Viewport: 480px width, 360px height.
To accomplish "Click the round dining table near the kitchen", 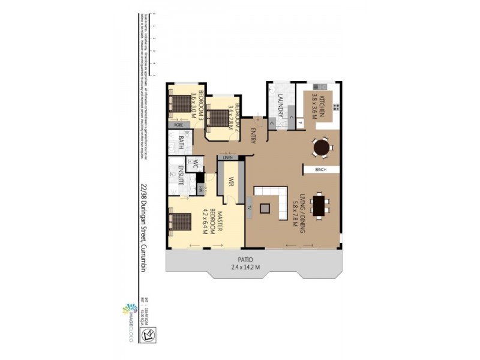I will point(322,146).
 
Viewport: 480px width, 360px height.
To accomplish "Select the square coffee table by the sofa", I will point(265,208).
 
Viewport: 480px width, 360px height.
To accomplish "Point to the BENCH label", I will point(320,170).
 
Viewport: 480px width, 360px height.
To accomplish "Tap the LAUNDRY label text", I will point(280,106).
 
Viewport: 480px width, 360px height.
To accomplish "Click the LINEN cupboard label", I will point(228,157).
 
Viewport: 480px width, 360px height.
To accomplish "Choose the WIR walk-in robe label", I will point(229,181).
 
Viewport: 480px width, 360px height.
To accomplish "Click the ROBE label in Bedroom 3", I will point(178,125).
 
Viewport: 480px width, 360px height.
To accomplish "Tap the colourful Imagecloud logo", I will point(127,311).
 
